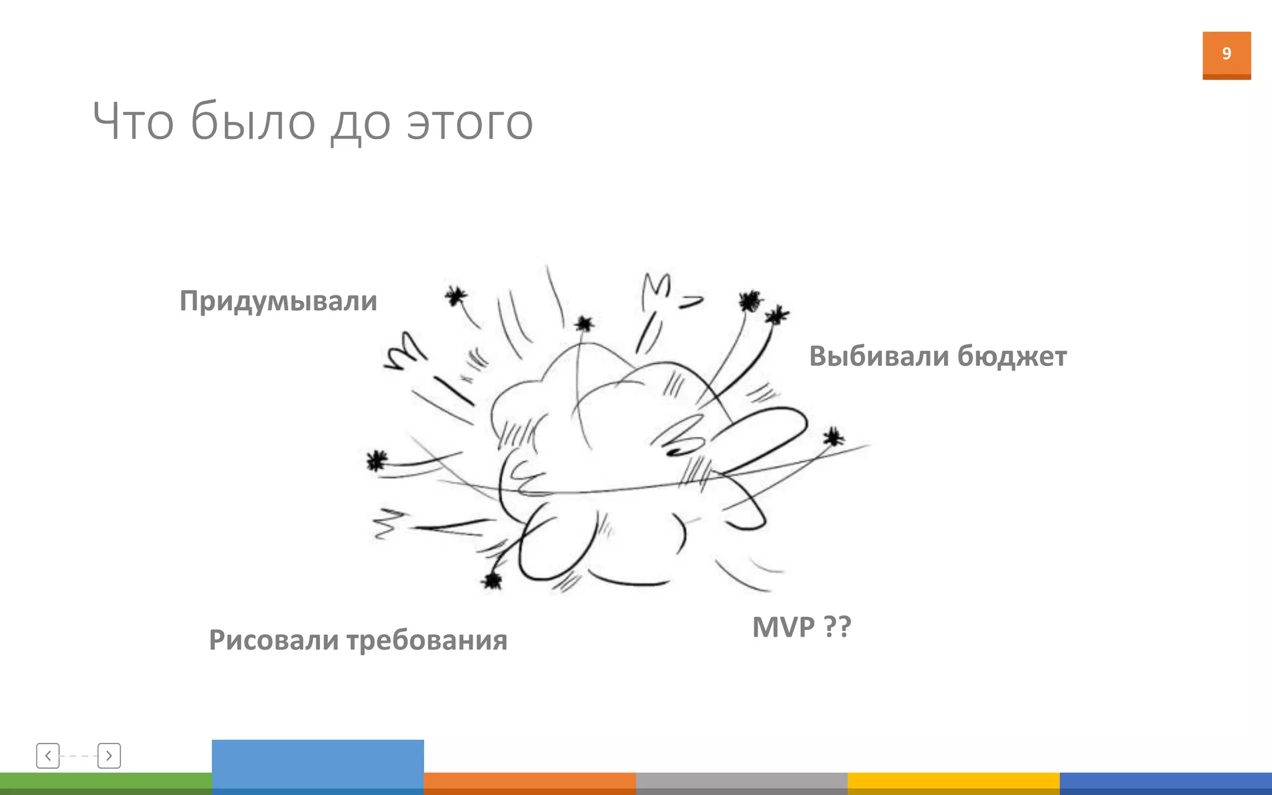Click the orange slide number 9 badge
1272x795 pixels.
click(x=1226, y=55)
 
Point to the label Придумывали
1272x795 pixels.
click(x=278, y=302)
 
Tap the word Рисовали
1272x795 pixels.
click(x=273, y=640)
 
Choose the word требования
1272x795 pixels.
click(x=427, y=641)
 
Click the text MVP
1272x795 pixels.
click(x=783, y=627)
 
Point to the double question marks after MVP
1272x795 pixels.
click(x=837, y=627)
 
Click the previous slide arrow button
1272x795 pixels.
click(x=48, y=756)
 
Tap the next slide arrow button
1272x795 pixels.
click(x=109, y=756)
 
